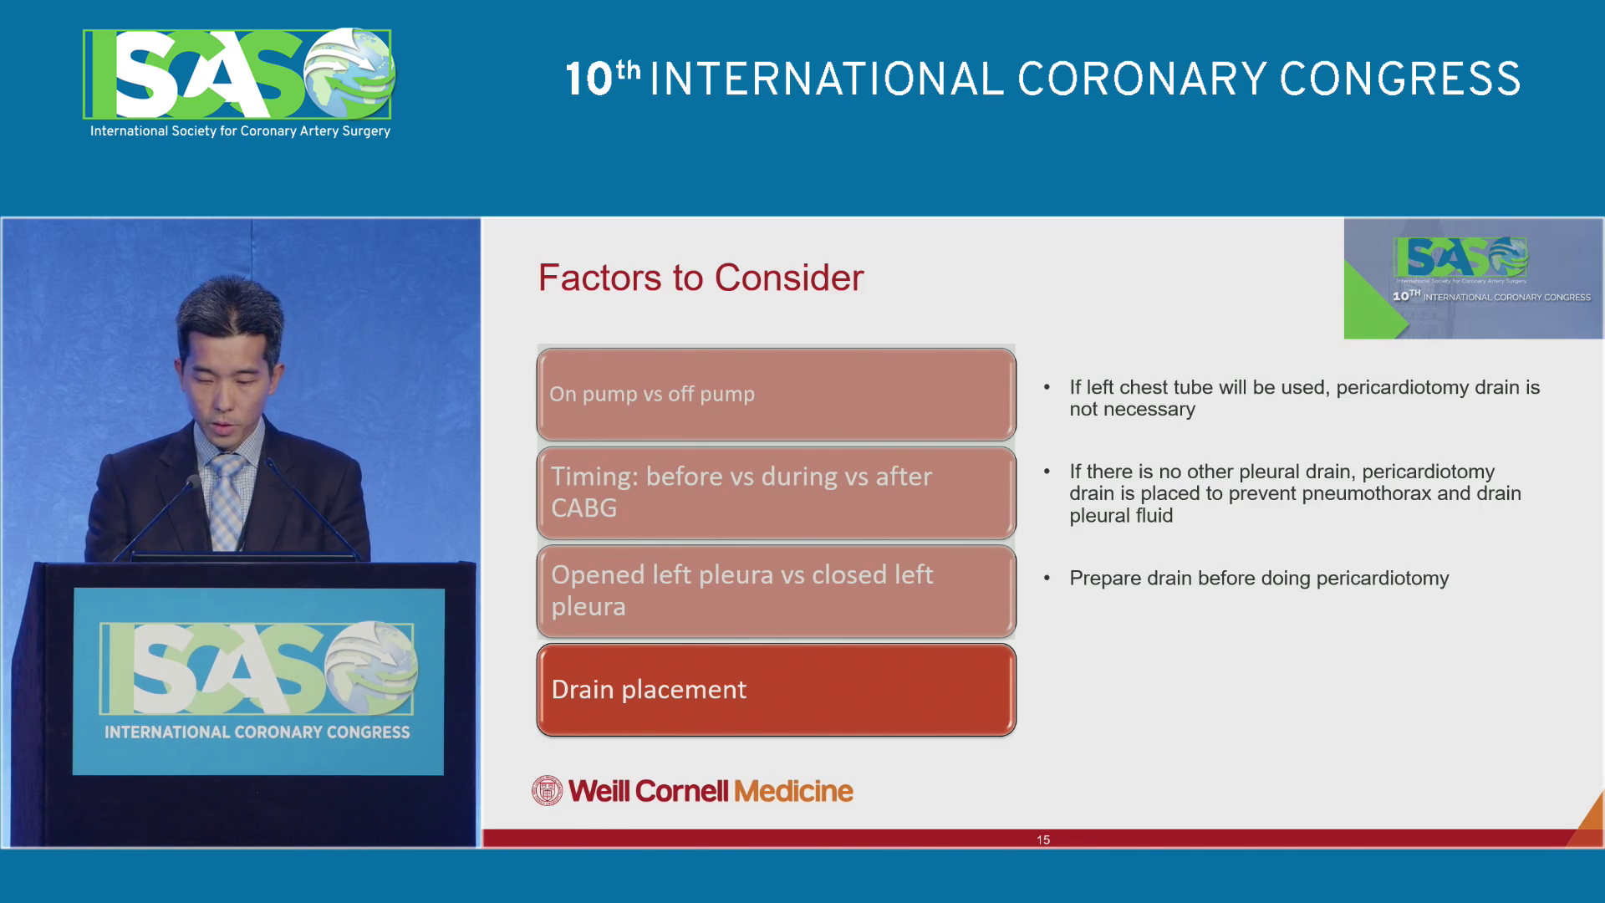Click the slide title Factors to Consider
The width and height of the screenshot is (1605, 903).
[701, 278]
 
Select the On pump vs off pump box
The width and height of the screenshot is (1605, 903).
[776, 394]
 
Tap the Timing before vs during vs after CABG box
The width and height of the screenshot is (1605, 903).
[776, 492]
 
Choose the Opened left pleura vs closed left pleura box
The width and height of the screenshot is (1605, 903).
[776, 591]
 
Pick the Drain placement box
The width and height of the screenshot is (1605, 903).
[776, 690]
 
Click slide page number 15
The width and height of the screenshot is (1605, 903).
[1043, 839]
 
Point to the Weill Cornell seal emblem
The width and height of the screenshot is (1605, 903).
[548, 791]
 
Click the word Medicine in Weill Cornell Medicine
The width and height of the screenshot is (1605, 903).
[793, 791]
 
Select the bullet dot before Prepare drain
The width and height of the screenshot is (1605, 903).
[1047, 578]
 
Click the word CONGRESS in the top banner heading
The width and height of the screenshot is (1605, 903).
[1400, 79]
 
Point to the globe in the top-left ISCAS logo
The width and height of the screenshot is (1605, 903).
[349, 73]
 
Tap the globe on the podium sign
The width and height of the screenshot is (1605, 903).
[371, 667]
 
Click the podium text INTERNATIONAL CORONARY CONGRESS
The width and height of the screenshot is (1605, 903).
[257, 732]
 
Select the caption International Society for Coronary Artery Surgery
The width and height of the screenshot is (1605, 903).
[240, 131]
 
